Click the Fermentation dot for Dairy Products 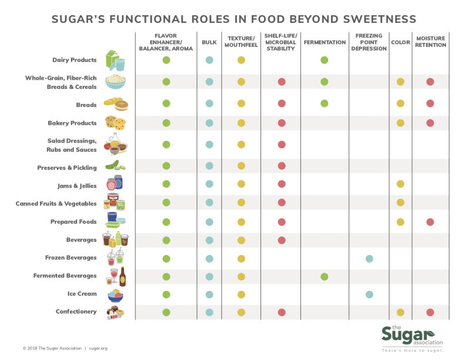[324, 60]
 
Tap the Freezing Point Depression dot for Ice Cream [369, 294]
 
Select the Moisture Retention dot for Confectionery [430, 312]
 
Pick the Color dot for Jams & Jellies [401, 184]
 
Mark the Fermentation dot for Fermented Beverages [324, 276]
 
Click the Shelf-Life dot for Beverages [282, 240]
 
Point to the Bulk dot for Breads [209, 103]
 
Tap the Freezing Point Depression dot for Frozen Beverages [369, 258]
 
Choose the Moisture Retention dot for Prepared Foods [430, 222]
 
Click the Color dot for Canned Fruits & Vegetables [401, 202]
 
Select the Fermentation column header [324, 42]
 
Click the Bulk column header [209, 42]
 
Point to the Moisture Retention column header [430, 42]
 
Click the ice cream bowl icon [115, 294]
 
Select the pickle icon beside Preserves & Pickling [115, 167]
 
